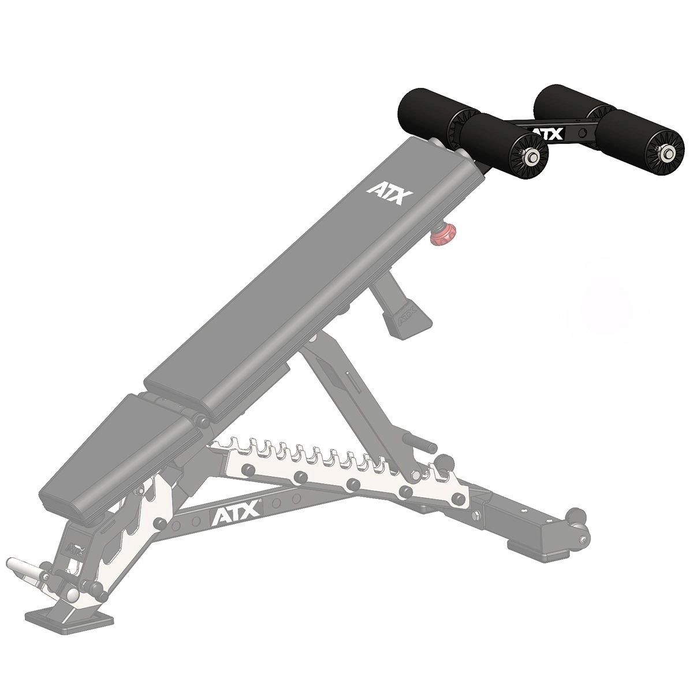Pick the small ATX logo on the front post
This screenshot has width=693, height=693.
[x=74, y=547]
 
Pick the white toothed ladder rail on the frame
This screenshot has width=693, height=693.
[x=329, y=462]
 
